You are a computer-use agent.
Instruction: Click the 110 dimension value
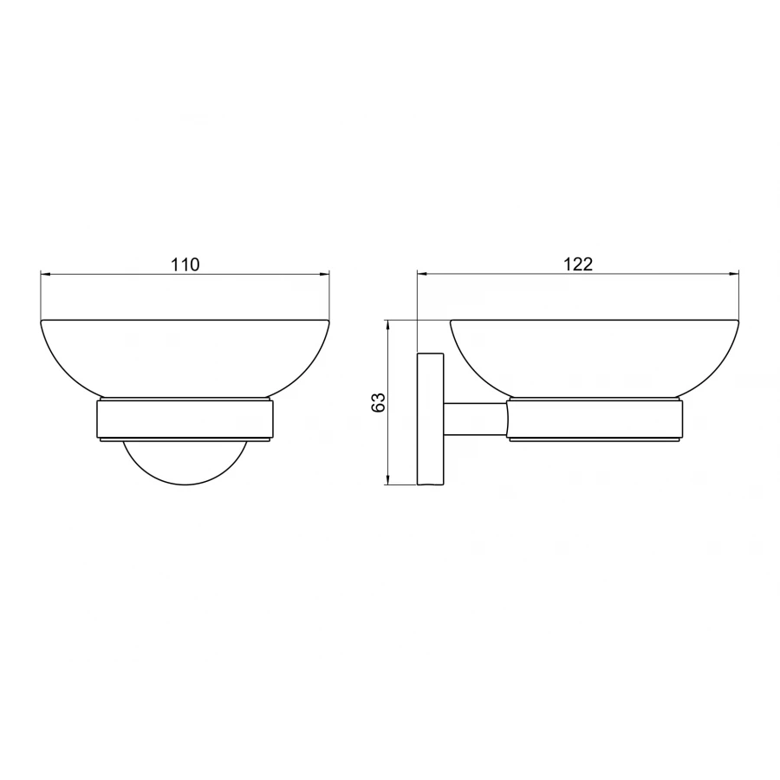point(185,264)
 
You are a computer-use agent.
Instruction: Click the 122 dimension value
point(578,264)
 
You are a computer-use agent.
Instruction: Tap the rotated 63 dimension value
point(379,402)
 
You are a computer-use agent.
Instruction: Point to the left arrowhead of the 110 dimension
point(46,274)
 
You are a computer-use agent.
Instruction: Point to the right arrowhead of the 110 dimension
point(324,274)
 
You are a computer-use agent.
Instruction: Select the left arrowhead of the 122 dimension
point(423,274)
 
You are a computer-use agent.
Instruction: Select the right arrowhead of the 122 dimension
point(734,274)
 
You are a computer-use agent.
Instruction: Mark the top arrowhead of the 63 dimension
point(387,325)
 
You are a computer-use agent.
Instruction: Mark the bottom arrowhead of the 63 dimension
point(387,479)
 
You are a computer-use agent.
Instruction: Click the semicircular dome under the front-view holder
point(185,485)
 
